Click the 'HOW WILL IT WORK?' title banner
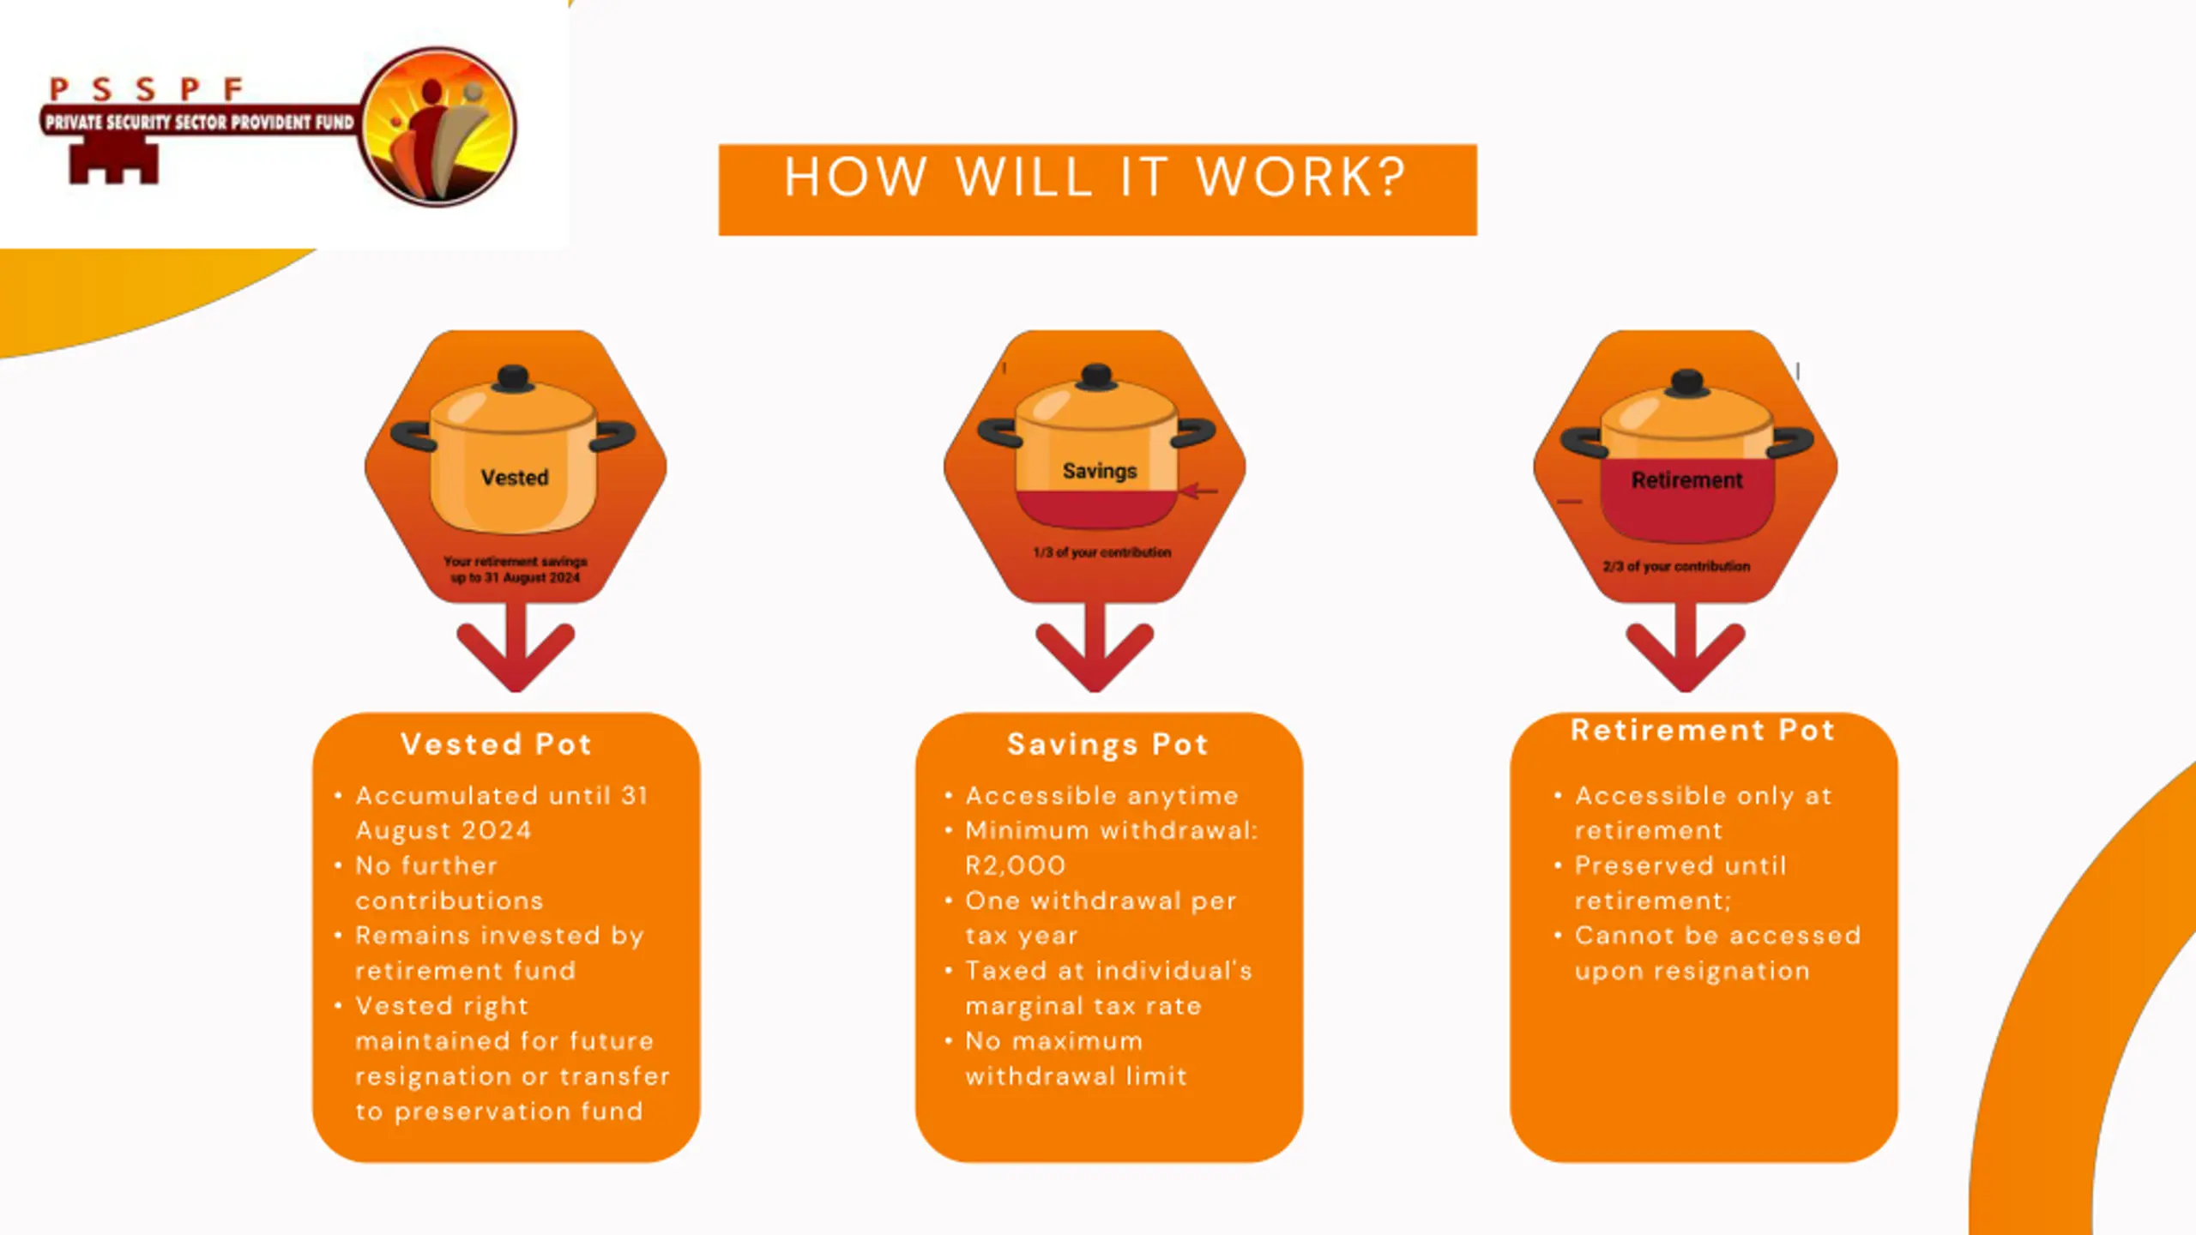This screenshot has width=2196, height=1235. pyautogui.click(x=1096, y=189)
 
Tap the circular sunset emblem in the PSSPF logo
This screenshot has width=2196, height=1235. pyautogui.click(x=437, y=127)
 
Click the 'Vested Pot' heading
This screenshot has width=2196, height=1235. pyautogui.click(x=497, y=744)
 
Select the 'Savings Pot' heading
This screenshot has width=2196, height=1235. pyautogui.click(x=1107, y=744)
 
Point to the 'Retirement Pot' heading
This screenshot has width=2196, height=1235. pyautogui.click(x=1703, y=730)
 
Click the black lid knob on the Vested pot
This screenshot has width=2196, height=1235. pyautogui.click(x=513, y=377)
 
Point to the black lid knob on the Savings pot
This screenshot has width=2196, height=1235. pyautogui.click(x=1097, y=376)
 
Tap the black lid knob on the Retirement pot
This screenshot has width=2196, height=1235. pyautogui.click(x=1687, y=382)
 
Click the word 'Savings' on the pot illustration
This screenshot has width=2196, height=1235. pyautogui.click(x=1100, y=471)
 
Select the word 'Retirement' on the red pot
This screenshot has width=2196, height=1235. pyautogui.click(x=1686, y=480)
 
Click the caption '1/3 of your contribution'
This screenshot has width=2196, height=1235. pyautogui.click(x=1102, y=552)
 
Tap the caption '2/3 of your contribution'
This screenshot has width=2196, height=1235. pyautogui.click(x=1676, y=566)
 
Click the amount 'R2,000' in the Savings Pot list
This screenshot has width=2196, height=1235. pyautogui.click(x=1016, y=865)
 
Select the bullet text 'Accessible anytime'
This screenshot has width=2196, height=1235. pyautogui.click(x=1102, y=796)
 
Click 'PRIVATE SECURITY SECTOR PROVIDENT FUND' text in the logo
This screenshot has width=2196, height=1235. pyautogui.click(x=199, y=123)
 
